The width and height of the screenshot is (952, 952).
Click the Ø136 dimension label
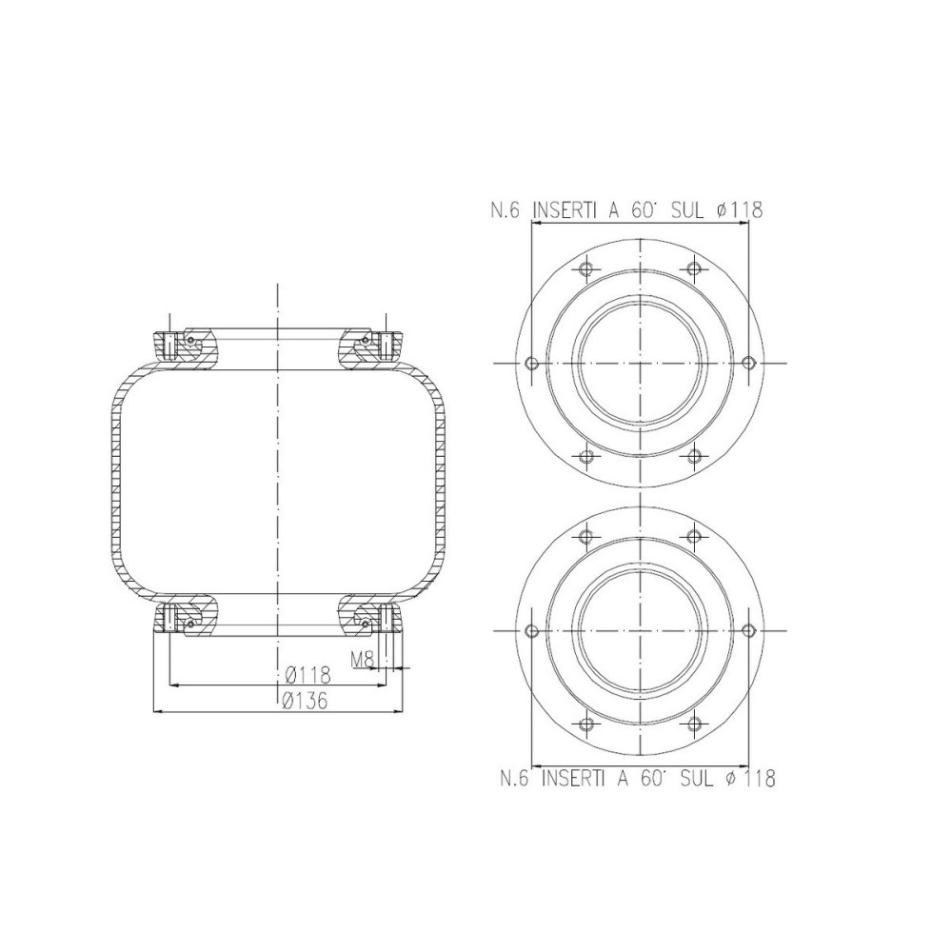pyautogui.click(x=307, y=702)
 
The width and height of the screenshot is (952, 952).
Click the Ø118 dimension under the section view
pyautogui.click(x=307, y=675)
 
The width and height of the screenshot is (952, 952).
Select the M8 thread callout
pyautogui.click(x=362, y=658)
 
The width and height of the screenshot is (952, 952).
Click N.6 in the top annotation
pyautogui.click(x=505, y=210)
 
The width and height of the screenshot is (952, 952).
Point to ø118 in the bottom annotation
pyautogui.click(x=749, y=779)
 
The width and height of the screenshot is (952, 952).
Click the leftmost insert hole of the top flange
pyautogui.click(x=532, y=363)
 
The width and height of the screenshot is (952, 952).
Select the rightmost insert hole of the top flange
pyautogui.click(x=748, y=363)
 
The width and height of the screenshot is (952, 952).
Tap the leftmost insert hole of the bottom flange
pyautogui.click(x=532, y=630)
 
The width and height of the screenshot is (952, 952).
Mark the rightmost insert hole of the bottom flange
pyautogui.click(x=748, y=630)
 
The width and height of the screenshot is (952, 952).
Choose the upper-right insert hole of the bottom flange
pyautogui.click(x=695, y=537)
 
